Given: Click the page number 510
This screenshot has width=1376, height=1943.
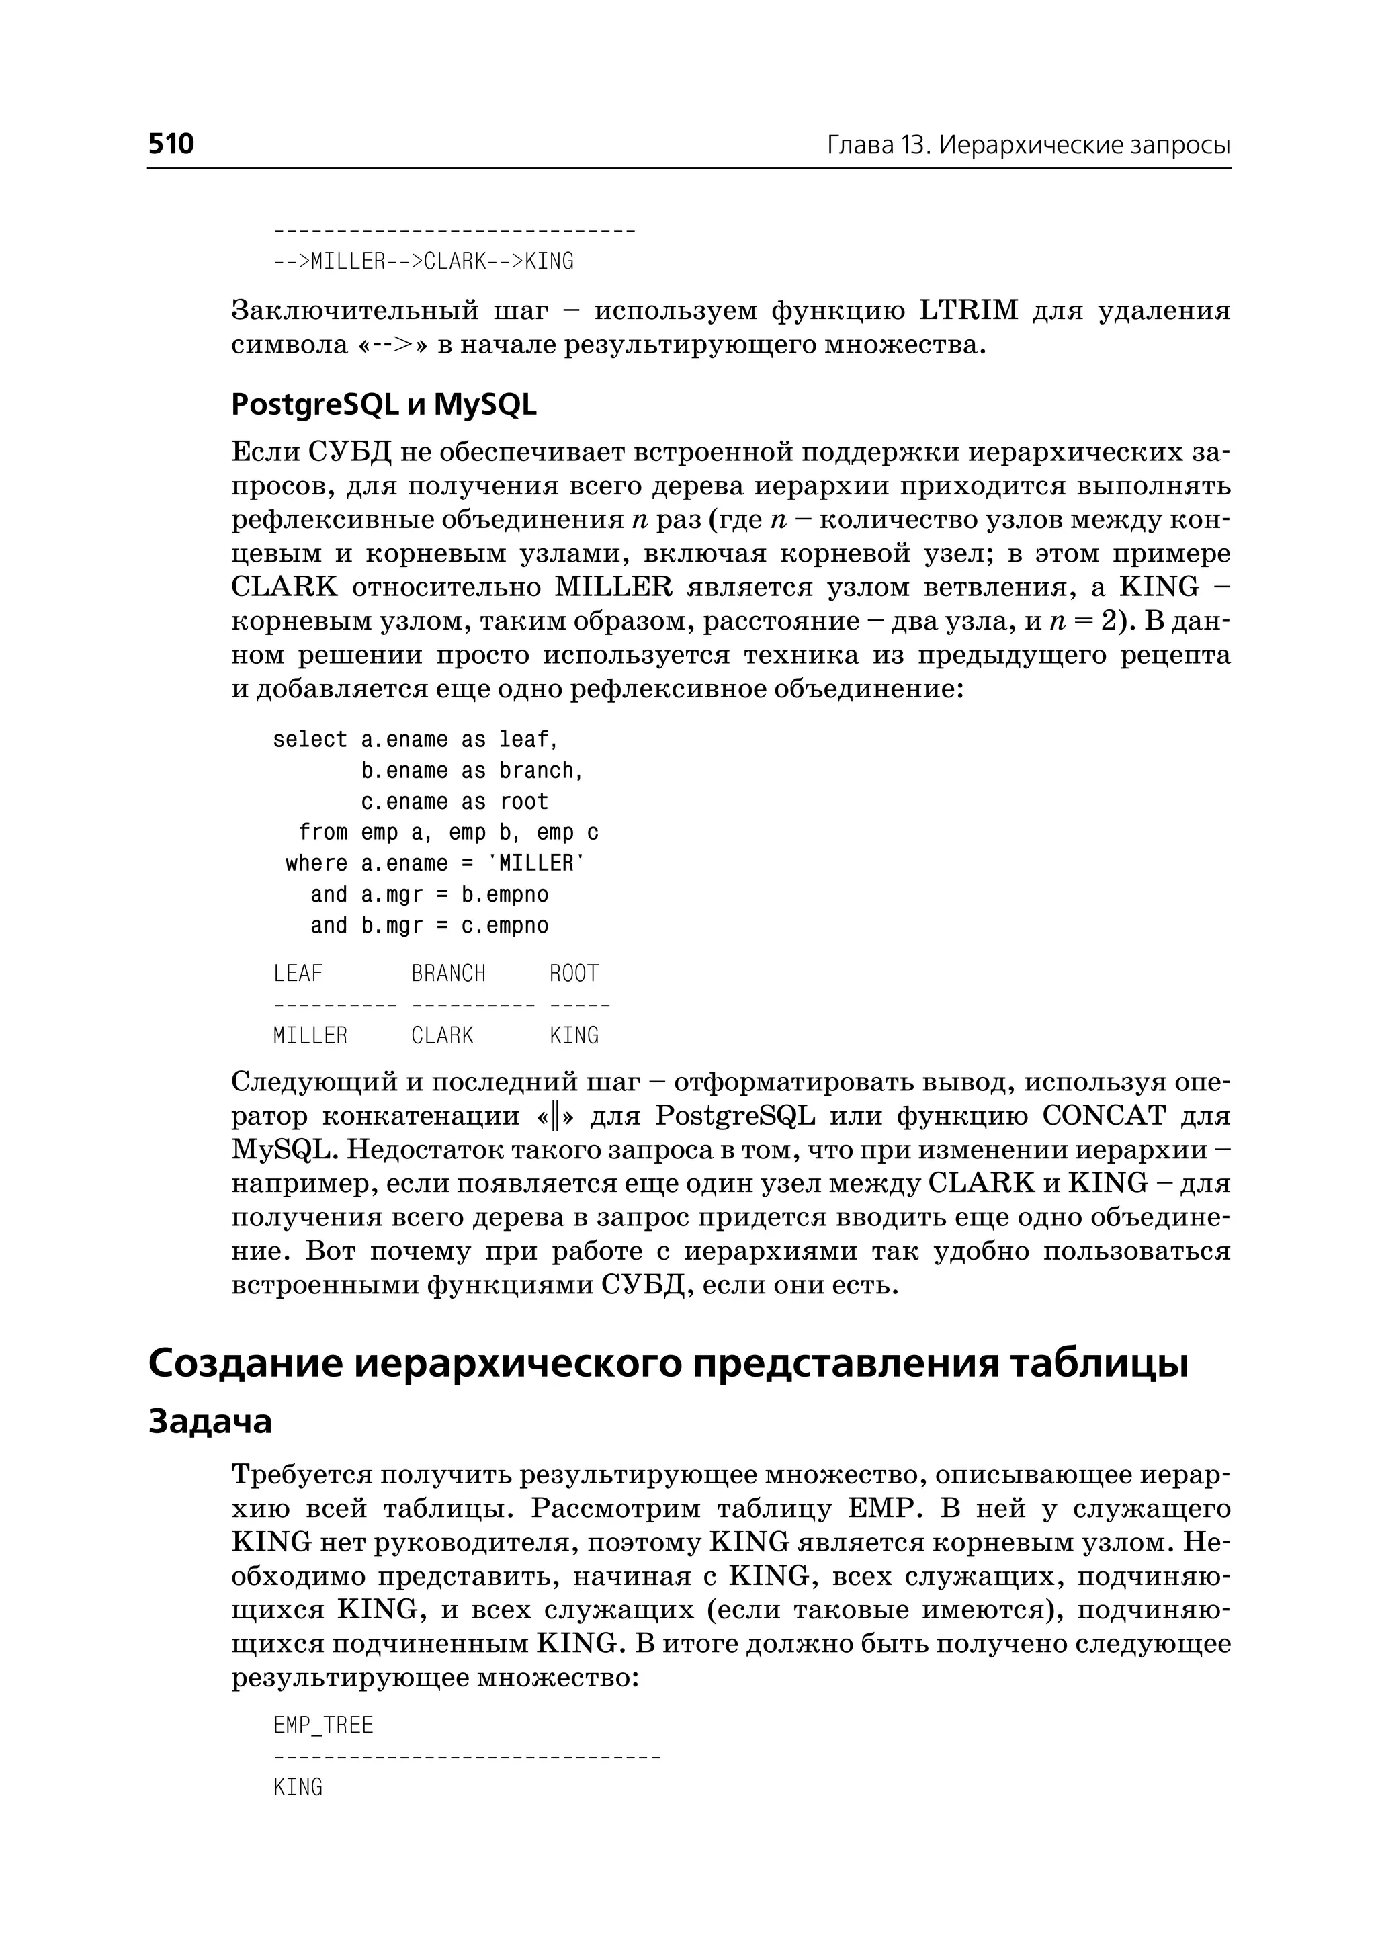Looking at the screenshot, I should [171, 144].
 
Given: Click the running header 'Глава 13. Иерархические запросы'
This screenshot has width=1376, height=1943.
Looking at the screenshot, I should [1028, 146].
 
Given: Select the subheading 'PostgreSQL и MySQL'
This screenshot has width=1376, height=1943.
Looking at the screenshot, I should [384, 405].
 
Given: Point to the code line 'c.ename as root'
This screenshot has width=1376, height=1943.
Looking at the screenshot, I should [454, 802].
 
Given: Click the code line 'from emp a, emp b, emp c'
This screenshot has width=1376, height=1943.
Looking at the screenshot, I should [448, 833].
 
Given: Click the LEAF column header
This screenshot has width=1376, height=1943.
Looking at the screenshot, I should [298, 974].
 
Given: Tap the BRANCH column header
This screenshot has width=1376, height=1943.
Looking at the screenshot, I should [448, 974].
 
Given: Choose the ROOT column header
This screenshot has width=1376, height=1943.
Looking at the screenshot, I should [574, 974].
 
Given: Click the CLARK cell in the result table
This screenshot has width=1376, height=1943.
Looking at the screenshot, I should [441, 1035].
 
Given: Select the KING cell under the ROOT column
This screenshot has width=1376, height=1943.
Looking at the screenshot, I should [574, 1035].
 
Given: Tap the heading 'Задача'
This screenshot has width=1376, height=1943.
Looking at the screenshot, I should [210, 1422].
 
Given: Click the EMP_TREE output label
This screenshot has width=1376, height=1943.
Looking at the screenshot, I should [322, 1725].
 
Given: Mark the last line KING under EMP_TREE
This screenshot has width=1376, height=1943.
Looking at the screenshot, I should [298, 1787].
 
